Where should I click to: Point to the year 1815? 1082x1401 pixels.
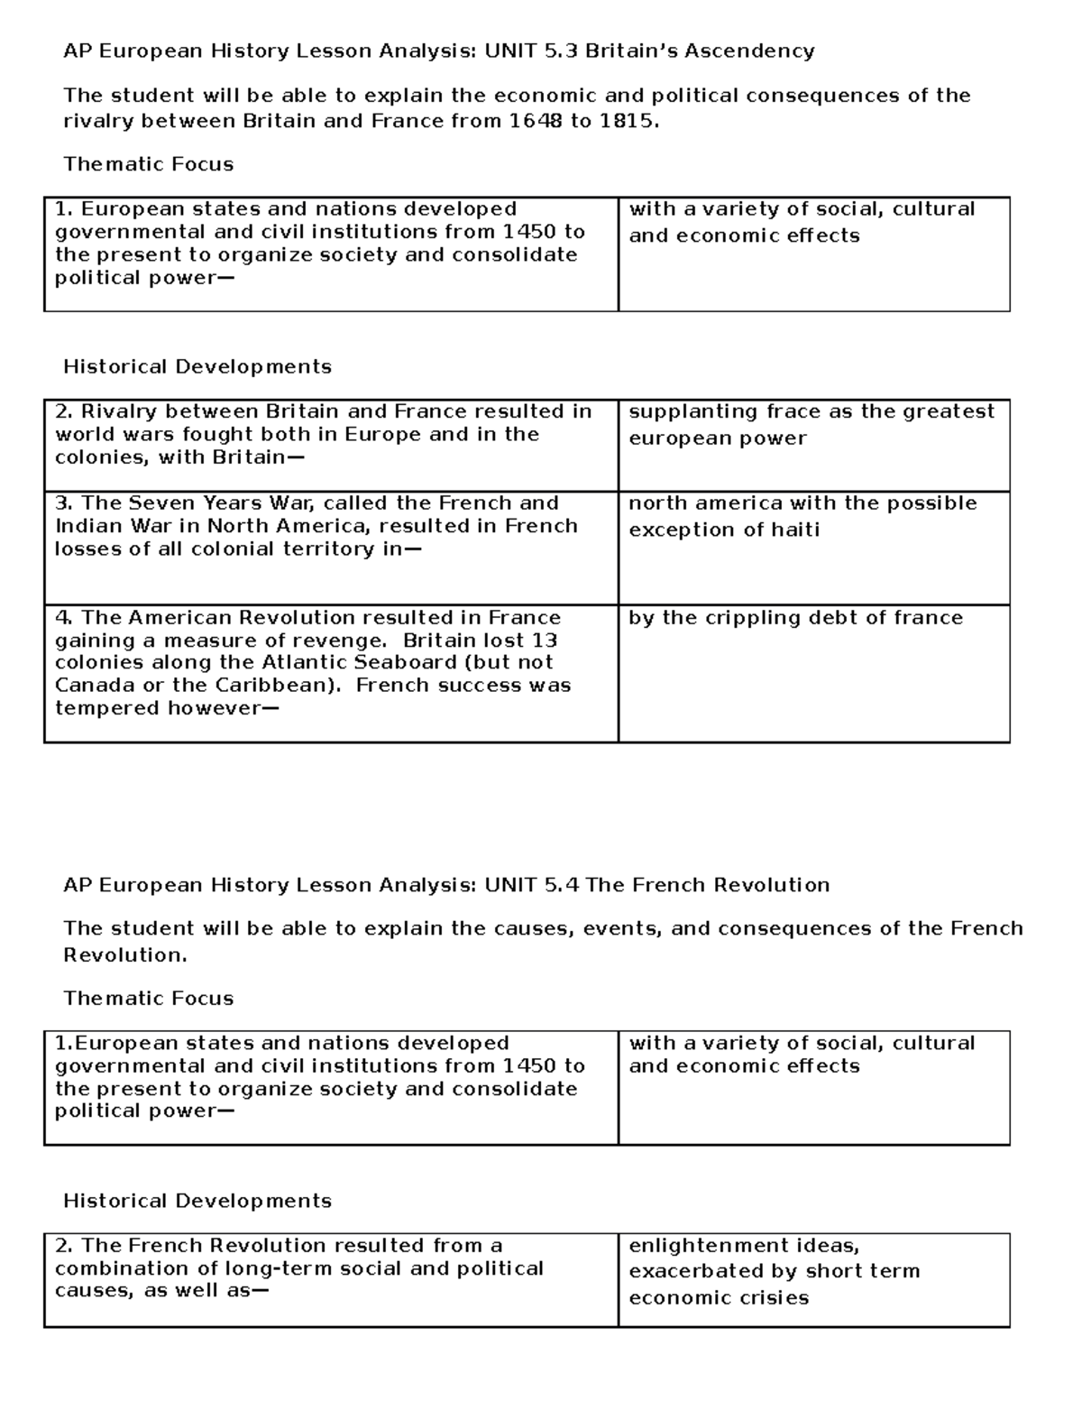point(628,121)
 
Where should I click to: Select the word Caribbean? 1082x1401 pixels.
point(274,686)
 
